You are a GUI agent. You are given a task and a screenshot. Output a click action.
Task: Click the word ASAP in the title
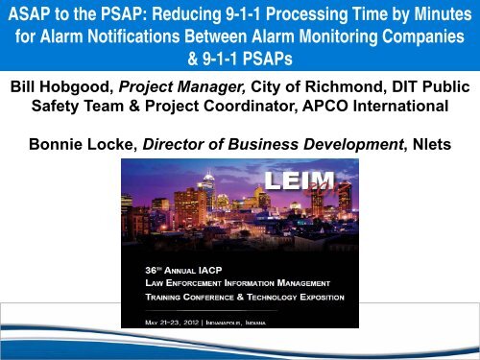point(31,18)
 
